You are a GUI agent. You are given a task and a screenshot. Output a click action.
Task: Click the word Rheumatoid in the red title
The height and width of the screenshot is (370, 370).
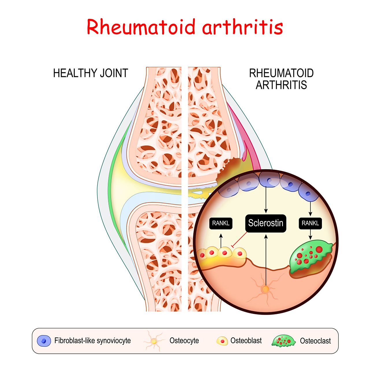tap(141, 27)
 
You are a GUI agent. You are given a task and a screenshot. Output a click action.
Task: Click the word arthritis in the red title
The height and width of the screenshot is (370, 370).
tap(243, 27)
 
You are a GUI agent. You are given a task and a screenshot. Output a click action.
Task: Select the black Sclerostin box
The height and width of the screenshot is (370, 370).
tap(266, 223)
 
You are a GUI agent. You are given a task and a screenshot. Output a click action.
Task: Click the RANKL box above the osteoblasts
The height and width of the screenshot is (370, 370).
tap(221, 223)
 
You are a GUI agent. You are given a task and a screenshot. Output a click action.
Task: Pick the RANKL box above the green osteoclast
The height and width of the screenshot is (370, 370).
tap(310, 223)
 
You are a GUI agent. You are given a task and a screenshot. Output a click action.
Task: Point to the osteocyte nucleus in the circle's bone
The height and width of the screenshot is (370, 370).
tap(266, 289)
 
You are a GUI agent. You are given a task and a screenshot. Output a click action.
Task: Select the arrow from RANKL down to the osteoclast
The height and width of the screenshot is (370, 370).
tap(310, 234)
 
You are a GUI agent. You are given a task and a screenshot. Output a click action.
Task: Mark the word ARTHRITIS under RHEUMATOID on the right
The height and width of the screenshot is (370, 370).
tap(281, 85)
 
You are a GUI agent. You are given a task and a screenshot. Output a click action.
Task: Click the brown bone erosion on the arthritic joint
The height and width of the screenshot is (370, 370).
tap(230, 169)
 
